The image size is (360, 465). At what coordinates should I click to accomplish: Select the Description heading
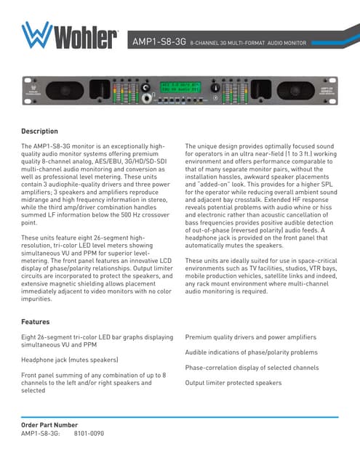(x=40, y=132)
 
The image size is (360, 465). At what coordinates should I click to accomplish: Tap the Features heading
(x=36, y=320)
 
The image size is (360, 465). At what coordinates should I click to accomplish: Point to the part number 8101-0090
(x=89, y=433)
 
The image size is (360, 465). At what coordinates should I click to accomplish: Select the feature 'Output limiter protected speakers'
(x=233, y=382)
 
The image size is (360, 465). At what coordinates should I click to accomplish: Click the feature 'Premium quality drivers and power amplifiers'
(x=251, y=337)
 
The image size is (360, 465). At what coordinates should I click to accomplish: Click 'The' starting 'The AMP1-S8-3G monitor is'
(x=28, y=147)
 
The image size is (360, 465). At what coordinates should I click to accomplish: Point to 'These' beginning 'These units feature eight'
(x=31, y=238)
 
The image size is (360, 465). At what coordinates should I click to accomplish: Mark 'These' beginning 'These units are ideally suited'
(x=196, y=261)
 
